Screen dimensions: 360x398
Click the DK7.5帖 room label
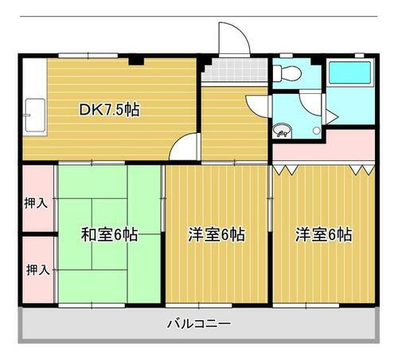(109, 110)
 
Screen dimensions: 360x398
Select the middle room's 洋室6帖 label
(217, 235)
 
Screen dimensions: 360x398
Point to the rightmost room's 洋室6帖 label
(323, 235)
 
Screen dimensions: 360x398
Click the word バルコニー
(198, 324)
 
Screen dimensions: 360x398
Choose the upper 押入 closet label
(37, 202)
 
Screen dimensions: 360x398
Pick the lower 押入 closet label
(37, 269)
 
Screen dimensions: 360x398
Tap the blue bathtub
(349, 74)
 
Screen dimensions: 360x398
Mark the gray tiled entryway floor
(235, 72)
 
